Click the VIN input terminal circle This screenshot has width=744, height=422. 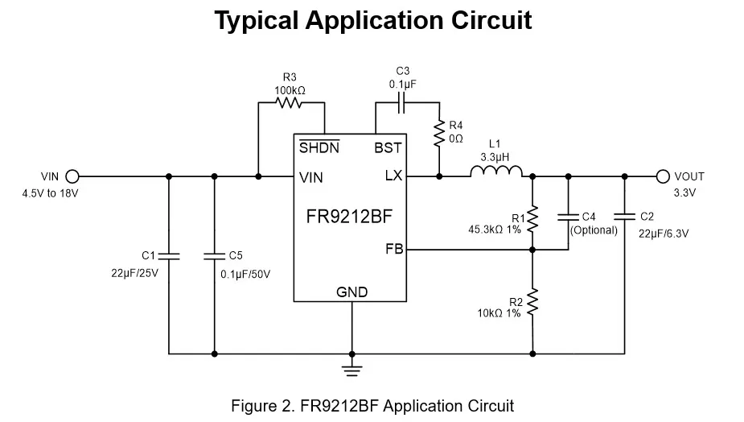pyautogui.click(x=72, y=176)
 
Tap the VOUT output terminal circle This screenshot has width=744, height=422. pyautogui.click(x=663, y=176)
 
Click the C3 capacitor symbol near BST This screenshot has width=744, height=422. pyautogui.click(x=403, y=102)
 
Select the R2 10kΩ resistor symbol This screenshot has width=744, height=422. pyautogui.click(x=532, y=304)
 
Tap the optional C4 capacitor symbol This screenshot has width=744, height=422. pyautogui.click(x=568, y=216)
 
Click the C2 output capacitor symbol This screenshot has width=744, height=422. pyautogui.click(x=623, y=216)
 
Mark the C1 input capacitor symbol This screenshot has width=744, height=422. pyautogui.click(x=169, y=255)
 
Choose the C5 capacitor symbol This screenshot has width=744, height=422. pyautogui.click(x=214, y=255)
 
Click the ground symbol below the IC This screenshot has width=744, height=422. pyautogui.click(x=351, y=370)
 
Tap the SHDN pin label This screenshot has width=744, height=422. pyautogui.click(x=319, y=148)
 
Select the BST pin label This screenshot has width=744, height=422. pyautogui.click(x=388, y=148)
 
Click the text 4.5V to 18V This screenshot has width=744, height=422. pyautogui.click(x=50, y=193)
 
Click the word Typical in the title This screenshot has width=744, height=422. pyautogui.click(x=256, y=20)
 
